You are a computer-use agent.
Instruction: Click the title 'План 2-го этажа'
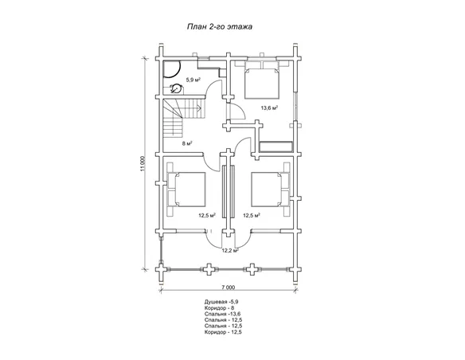220,27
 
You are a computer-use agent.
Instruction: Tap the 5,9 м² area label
193,80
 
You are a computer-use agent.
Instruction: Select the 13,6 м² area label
269,108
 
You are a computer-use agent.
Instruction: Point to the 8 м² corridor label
187,143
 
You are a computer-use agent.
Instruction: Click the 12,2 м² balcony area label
230,250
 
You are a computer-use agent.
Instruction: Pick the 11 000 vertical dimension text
143,164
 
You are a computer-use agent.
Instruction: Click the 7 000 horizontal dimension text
228,287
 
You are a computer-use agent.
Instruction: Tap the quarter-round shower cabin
171,69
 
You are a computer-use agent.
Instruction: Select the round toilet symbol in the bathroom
177,88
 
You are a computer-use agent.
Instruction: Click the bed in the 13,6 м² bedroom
262,80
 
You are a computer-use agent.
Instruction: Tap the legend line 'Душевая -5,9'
221,302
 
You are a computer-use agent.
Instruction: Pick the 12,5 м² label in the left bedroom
207,215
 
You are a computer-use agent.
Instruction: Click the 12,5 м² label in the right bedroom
252,215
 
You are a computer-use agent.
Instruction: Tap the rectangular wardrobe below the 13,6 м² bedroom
275,147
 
